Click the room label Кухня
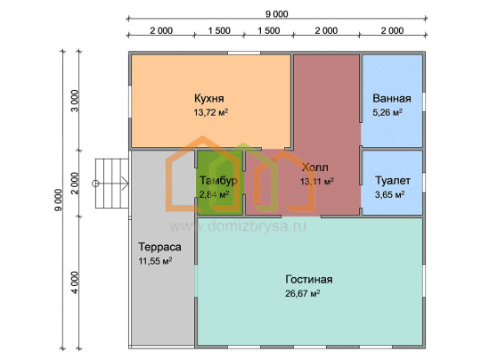pyautogui.click(x=209, y=99)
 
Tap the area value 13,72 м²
pyautogui.click(x=211, y=112)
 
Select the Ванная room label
pyautogui.click(x=392, y=99)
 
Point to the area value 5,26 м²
pyautogui.click(x=387, y=112)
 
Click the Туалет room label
pyautogui.click(x=393, y=181)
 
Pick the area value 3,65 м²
pyautogui.click(x=389, y=194)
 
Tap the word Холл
pyautogui.click(x=314, y=168)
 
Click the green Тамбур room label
pyautogui.click(x=218, y=181)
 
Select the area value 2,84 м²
pyautogui.click(x=214, y=194)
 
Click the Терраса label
pyautogui.click(x=159, y=247)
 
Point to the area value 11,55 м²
pyautogui.click(x=155, y=261)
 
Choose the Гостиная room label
pyautogui.click(x=309, y=280)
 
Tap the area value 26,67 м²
pyautogui.click(x=303, y=293)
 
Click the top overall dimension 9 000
pyautogui.click(x=277, y=14)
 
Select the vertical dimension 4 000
pyautogui.click(x=75, y=282)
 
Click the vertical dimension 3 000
pyautogui.click(x=75, y=101)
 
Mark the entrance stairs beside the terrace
pyautogui.click(x=111, y=184)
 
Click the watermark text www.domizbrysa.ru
pyautogui.click(x=238, y=227)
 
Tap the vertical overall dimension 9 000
pyautogui.click(x=58, y=200)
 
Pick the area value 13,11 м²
pyautogui.click(x=317, y=182)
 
